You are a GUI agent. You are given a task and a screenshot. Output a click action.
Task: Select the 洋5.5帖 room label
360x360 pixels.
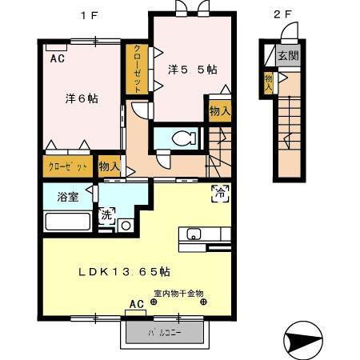point(192,70)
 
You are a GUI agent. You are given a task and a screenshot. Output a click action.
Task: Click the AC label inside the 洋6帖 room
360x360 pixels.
point(58,59)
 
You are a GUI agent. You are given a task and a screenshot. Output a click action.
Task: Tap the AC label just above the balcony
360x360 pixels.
point(137,304)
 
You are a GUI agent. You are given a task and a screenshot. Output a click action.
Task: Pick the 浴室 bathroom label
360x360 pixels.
point(67,198)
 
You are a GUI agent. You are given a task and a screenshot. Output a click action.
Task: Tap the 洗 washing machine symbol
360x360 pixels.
point(106,214)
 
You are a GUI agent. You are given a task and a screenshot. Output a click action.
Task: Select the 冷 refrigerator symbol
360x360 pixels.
point(218,191)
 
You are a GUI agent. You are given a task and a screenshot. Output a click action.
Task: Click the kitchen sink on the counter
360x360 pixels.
point(194,234)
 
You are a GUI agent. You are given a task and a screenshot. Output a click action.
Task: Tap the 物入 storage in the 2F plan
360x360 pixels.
point(270,81)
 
